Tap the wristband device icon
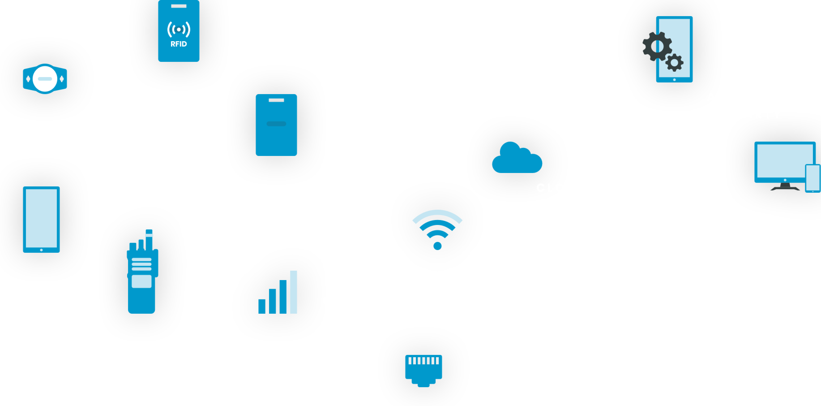[x=45, y=79]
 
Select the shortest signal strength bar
[x=262, y=306]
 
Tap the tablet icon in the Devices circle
[x=41, y=219]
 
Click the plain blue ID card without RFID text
[x=276, y=125]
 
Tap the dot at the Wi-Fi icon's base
[x=438, y=246]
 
